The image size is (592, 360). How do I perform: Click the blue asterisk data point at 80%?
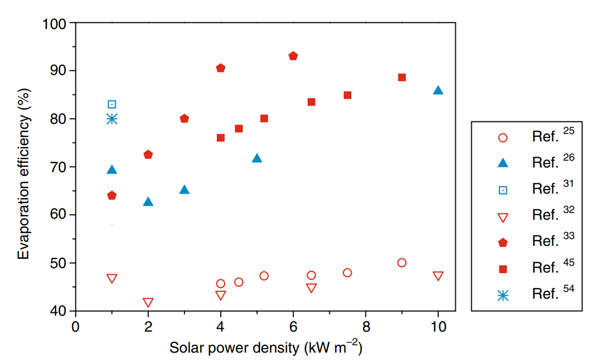pyautogui.click(x=112, y=119)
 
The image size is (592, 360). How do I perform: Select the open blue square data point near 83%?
pyautogui.click(x=112, y=104)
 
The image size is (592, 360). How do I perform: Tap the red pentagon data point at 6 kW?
pyautogui.click(x=293, y=56)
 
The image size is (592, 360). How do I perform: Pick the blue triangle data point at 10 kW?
pyautogui.click(x=438, y=90)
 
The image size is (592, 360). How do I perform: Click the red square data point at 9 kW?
pyautogui.click(x=402, y=77)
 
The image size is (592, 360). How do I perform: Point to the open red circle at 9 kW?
pyautogui.click(x=402, y=263)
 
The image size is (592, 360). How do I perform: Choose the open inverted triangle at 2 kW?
pyautogui.click(x=148, y=303)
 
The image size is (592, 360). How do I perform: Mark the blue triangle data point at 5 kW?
pyautogui.click(x=257, y=158)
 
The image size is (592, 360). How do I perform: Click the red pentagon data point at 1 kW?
pyautogui.click(x=112, y=196)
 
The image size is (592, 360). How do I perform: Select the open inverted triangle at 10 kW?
pyautogui.click(x=438, y=276)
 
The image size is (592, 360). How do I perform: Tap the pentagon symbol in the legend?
pyautogui.click(x=502, y=242)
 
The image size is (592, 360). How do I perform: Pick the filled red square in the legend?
pyautogui.click(x=502, y=269)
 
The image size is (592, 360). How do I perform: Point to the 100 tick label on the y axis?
pyautogui.click(x=55, y=23)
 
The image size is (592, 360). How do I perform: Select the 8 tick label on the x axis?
pyautogui.click(x=366, y=327)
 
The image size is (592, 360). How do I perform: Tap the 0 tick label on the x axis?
pyautogui.click(x=75, y=327)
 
